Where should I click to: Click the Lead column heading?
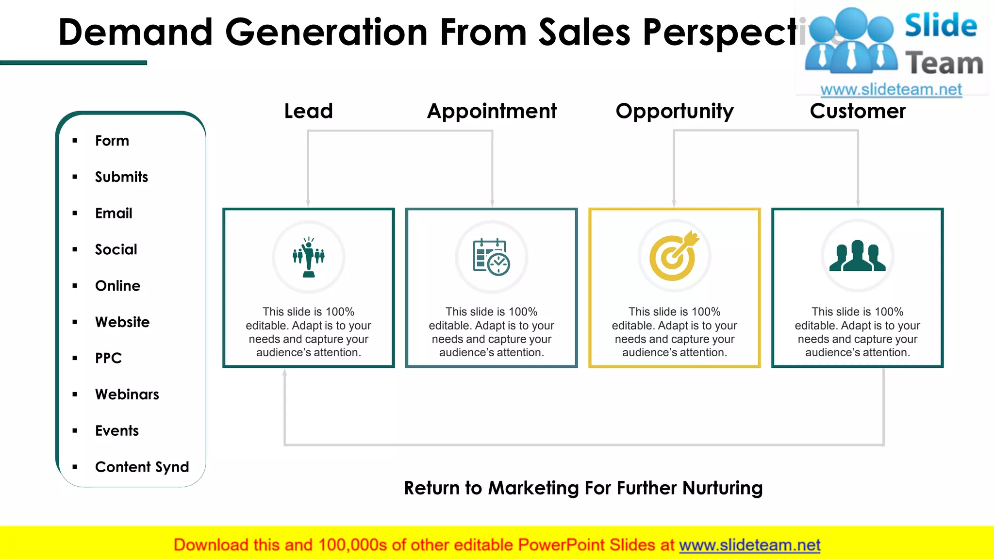pos(308,111)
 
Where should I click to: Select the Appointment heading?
pos(492,111)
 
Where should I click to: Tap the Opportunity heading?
pos(675,111)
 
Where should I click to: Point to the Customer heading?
pos(858,111)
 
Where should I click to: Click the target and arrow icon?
pos(674,256)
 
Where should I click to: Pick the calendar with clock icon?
pos(491,257)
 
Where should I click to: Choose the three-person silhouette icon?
pos(857,256)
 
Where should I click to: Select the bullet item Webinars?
pos(127,395)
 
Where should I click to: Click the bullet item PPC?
pos(108,358)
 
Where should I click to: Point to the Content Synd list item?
pos(142,467)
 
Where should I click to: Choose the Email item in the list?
pos(114,214)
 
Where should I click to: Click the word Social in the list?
pos(116,249)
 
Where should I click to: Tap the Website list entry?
pos(122,322)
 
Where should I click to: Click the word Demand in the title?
pos(135,32)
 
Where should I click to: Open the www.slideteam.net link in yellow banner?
pos(749,545)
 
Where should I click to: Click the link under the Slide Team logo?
pos(891,89)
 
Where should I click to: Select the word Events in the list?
pos(117,431)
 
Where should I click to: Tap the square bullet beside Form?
pos(75,141)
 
